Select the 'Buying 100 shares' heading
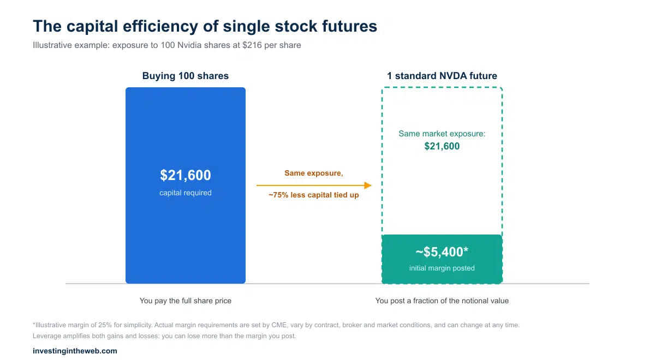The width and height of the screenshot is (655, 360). [x=186, y=76]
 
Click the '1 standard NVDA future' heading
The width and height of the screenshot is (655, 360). [x=442, y=76]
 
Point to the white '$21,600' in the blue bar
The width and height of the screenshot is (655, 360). [x=186, y=175]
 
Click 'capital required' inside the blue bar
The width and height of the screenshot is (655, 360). [x=186, y=193]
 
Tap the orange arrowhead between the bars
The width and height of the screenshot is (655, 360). [x=368, y=185]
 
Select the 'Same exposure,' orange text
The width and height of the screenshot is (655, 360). [x=314, y=173]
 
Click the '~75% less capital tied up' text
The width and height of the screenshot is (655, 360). [x=314, y=195]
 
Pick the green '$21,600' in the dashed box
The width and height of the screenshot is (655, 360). [x=442, y=146]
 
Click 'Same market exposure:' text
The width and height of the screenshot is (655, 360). [x=442, y=134]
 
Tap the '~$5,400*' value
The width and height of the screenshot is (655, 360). [x=442, y=252]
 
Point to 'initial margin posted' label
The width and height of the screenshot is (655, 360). [x=442, y=268]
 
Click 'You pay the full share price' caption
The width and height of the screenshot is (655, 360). [x=186, y=301]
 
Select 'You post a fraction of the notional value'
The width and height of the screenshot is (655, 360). [x=442, y=301]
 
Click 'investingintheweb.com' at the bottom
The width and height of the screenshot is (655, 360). [x=75, y=351]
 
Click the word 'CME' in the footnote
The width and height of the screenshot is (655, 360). [x=279, y=325]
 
